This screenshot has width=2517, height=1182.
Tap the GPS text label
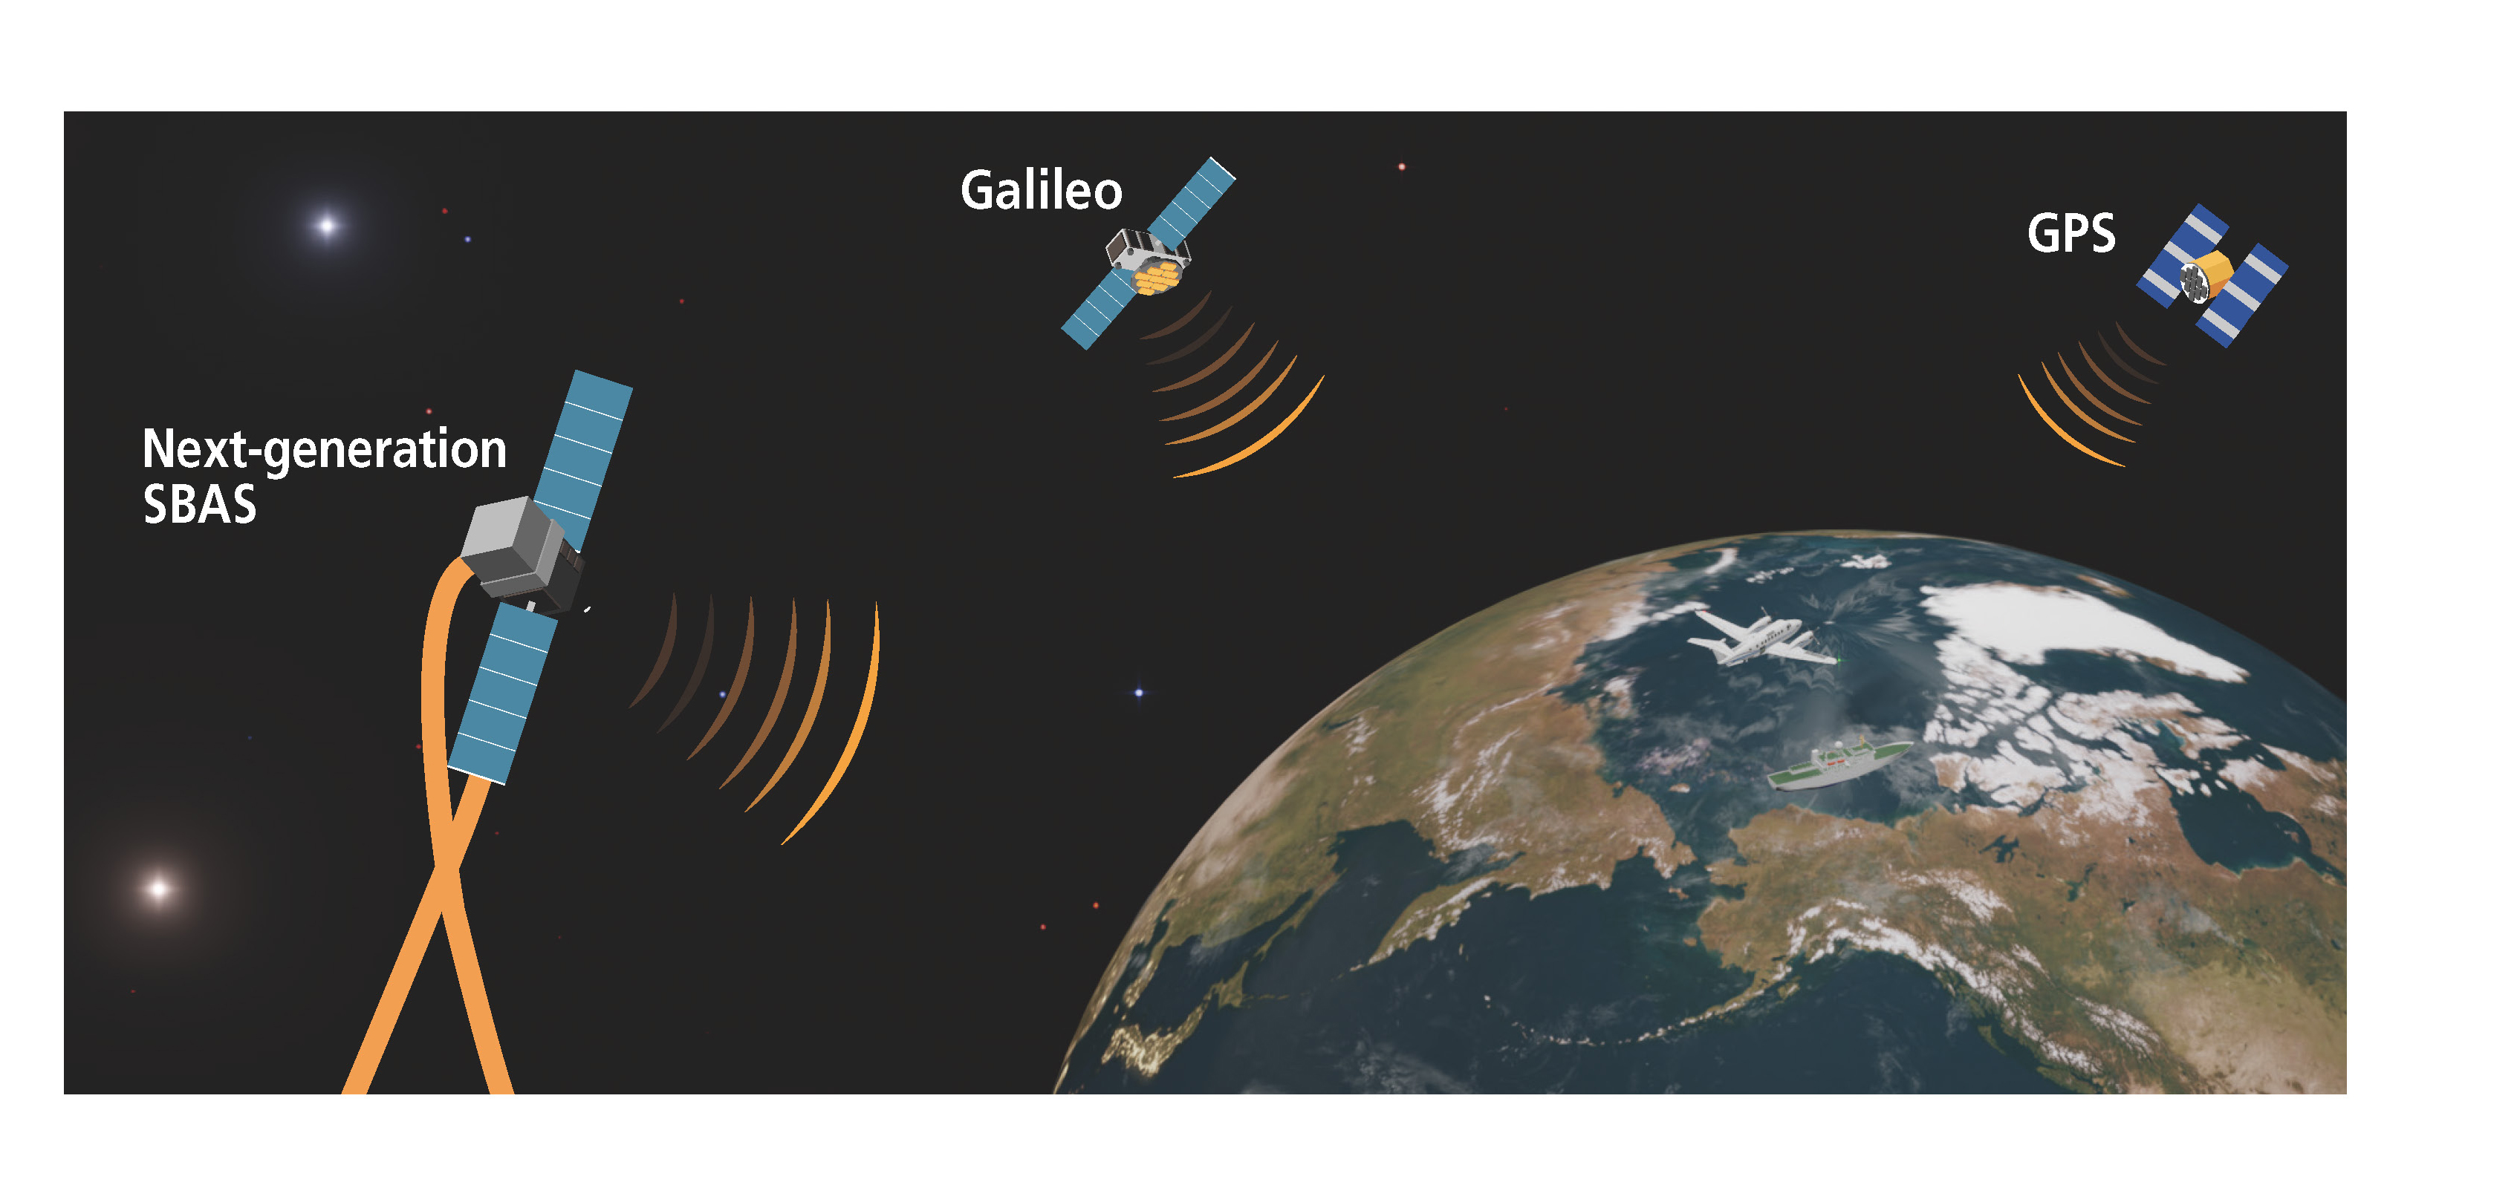coord(2071,233)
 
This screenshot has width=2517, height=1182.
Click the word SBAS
coord(199,504)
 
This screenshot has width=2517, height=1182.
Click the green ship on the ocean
coord(1838,764)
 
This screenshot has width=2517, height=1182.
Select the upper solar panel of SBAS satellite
coord(583,459)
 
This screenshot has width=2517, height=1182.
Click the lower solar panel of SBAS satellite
coord(502,692)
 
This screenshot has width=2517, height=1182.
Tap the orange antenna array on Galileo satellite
coord(1156,278)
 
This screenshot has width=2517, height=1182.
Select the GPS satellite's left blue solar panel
coord(2182,256)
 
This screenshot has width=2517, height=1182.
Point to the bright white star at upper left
coord(328,226)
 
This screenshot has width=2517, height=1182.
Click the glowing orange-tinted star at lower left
coord(158,889)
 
